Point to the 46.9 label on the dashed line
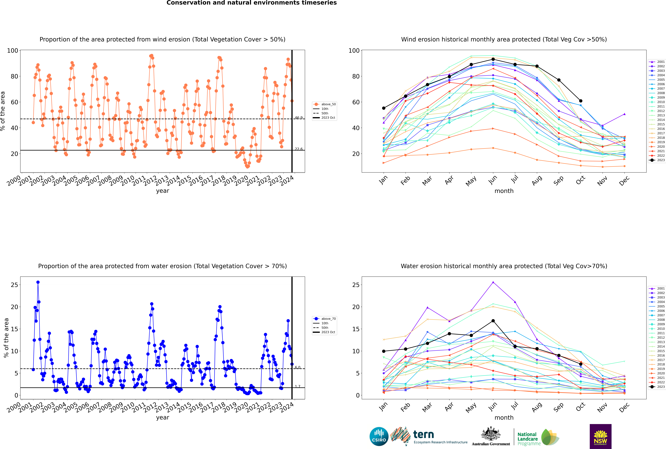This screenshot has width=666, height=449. tap(299, 118)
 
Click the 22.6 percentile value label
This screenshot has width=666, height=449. tap(299, 149)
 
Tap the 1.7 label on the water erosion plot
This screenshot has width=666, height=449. tap(298, 386)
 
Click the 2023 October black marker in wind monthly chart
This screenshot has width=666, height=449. tap(581, 101)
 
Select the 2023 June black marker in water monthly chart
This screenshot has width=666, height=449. tap(493, 321)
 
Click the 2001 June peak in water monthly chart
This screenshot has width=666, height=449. tap(493, 282)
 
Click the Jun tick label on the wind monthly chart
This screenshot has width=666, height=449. tap(493, 180)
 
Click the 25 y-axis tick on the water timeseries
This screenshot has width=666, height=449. tap(14, 285)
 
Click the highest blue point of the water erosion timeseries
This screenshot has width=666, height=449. tap(38, 282)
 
